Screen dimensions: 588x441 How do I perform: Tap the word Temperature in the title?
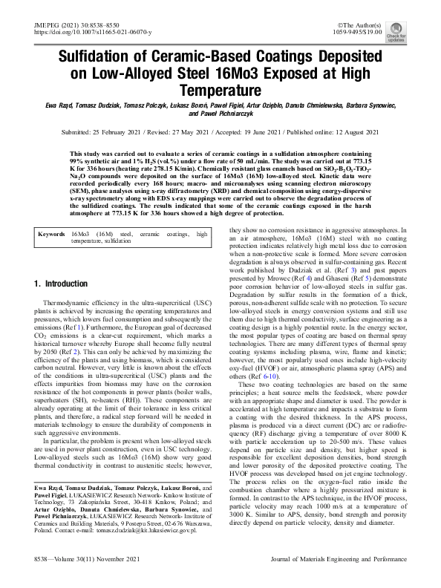click(x=220, y=91)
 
